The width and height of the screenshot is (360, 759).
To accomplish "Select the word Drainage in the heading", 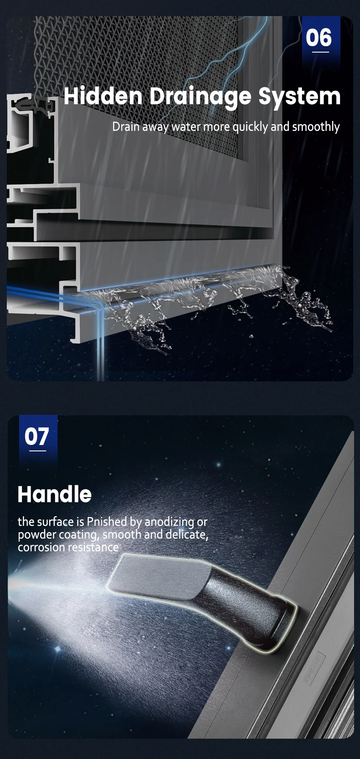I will (200, 97).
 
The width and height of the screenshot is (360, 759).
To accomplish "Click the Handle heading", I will (55, 494).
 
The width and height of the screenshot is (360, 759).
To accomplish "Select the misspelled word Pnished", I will (107, 521).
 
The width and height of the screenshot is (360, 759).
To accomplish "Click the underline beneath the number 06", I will (321, 52).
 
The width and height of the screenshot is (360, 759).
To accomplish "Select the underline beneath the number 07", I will (38, 451).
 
